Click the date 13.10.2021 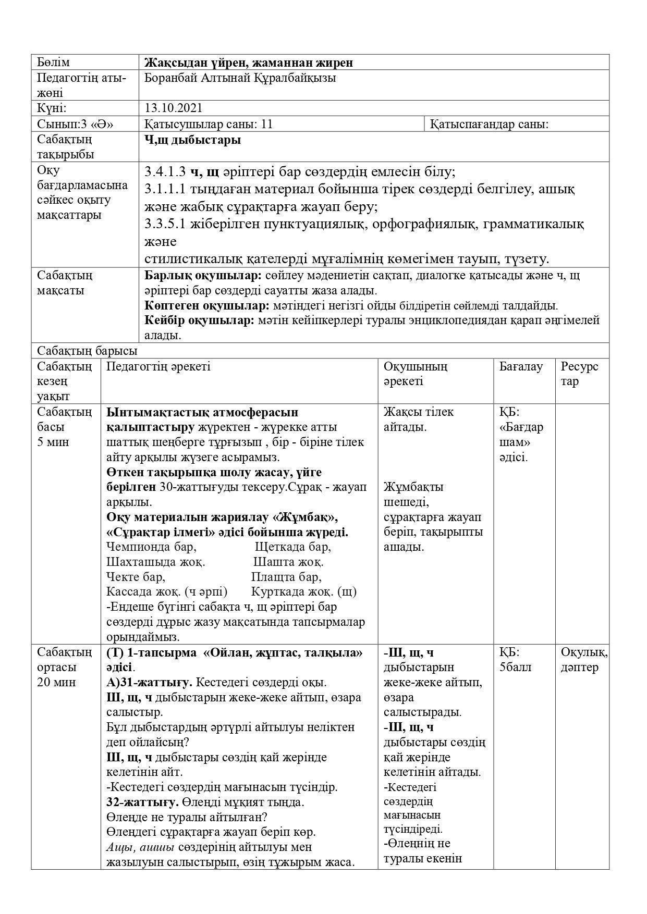point(174,108)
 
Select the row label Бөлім point(53,63)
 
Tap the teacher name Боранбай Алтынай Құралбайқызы point(240,78)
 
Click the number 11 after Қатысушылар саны point(267,125)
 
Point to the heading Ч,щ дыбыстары point(193,140)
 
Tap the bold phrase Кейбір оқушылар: point(199,320)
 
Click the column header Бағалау point(521,366)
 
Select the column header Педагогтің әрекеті point(158,366)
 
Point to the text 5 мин point(53,442)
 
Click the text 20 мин point(57,682)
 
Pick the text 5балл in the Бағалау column point(516,668)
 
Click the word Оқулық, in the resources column point(584,652)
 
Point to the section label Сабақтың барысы point(87,351)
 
